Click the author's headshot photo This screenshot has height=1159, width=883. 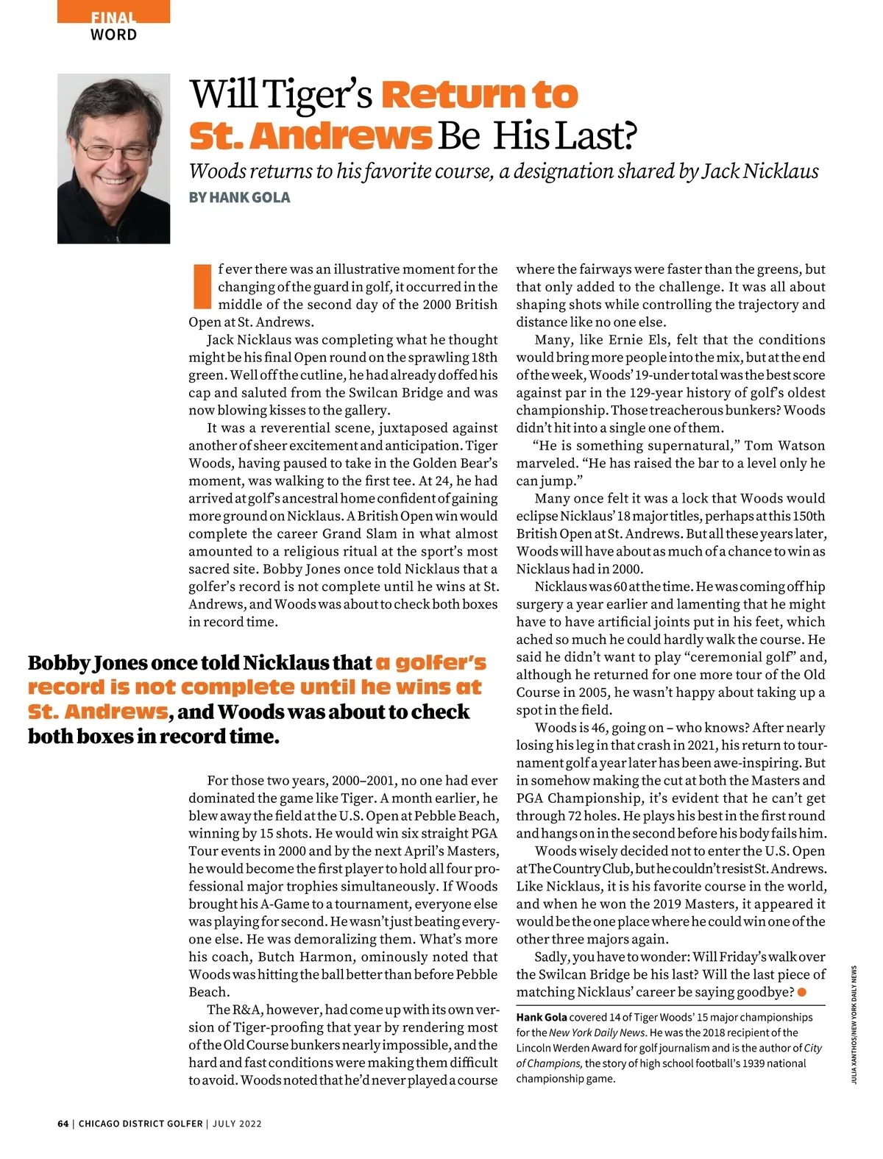click(x=113, y=158)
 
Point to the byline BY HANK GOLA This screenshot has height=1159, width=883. click(x=239, y=197)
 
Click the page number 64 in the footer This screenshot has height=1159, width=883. click(x=63, y=1124)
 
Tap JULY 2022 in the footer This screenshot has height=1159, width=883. click(x=237, y=1124)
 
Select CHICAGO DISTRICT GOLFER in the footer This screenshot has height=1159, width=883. click(x=141, y=1124)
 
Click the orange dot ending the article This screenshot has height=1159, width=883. click(x=802, y=993)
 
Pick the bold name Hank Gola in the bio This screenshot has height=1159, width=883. click(x=542, y=1017)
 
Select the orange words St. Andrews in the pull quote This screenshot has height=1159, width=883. click(x=97, y=712)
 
